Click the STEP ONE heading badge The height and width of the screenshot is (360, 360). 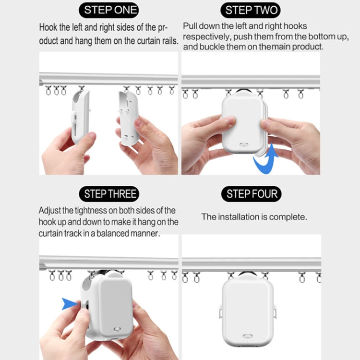click(110, 10)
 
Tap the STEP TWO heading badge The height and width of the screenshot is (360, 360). click(251, 10)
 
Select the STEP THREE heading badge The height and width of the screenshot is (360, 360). click(110, 194)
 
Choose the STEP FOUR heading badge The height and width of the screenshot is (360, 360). click(251, 194)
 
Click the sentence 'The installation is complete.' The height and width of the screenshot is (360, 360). click(254, 217)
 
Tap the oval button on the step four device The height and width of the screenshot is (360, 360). click(248, 336)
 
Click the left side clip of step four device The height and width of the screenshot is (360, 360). click(220, 312)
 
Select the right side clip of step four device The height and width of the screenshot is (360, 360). click(276, 312)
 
